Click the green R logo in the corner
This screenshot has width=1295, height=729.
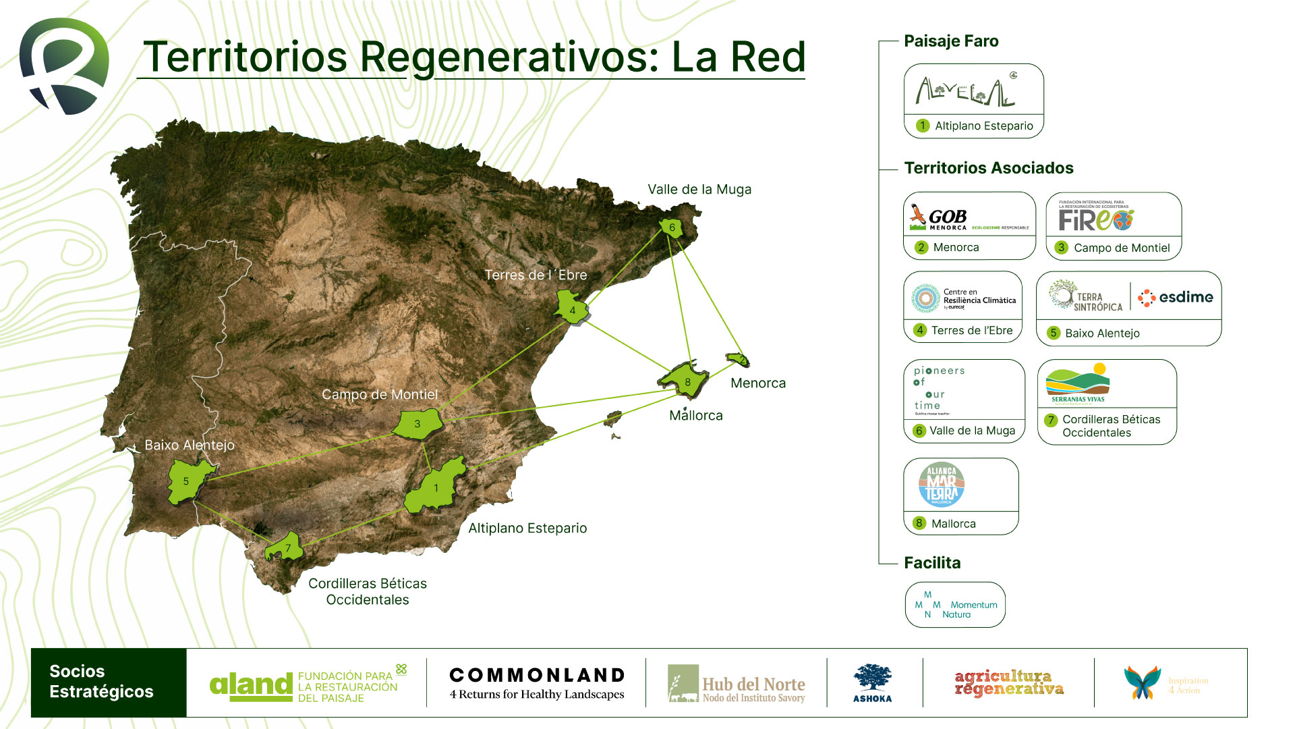[x=64, y=65]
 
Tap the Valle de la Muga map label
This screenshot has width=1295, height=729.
[x=699, y=190]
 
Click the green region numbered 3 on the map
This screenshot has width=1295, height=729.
[x=418, y=424]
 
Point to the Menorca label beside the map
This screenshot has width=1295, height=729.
[x=758, y=383]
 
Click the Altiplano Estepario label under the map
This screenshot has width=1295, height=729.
[x=527, y=529]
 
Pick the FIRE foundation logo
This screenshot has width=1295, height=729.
[x=1096, y=217]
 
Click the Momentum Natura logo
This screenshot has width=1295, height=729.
[x=955, y=605]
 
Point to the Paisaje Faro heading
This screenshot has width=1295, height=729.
[x=951, y=41]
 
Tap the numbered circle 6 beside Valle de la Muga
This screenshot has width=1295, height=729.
[x=919, y=431]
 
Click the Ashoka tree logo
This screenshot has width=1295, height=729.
[x=872, y=682]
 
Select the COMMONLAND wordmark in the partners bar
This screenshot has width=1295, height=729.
[x=537, y=675]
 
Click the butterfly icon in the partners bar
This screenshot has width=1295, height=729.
[x=1142, y=682]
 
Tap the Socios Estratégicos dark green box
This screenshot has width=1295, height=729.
[x=109, y=682]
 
